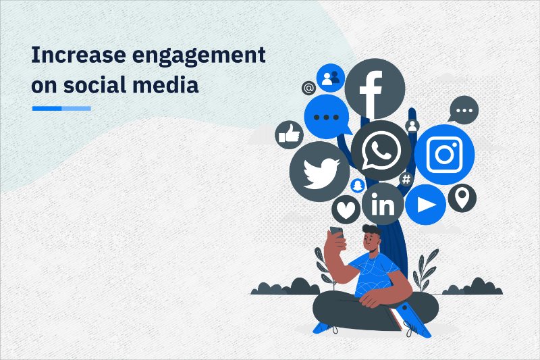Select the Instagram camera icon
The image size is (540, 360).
click(x=443, y=155)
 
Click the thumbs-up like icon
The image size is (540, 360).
click(x=289, y=135)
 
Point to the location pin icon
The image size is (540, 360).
click(x=462, y=199)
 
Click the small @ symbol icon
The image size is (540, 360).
click(x=308, y=88)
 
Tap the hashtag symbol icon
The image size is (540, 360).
click(x=406, y=179)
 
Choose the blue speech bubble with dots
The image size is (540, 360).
click(x=327, y=116)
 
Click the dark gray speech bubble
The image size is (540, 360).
click(x=463, y=109)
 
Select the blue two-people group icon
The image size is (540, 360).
click(x=331, y=78)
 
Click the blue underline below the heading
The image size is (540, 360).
click(x=61, y=108)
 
